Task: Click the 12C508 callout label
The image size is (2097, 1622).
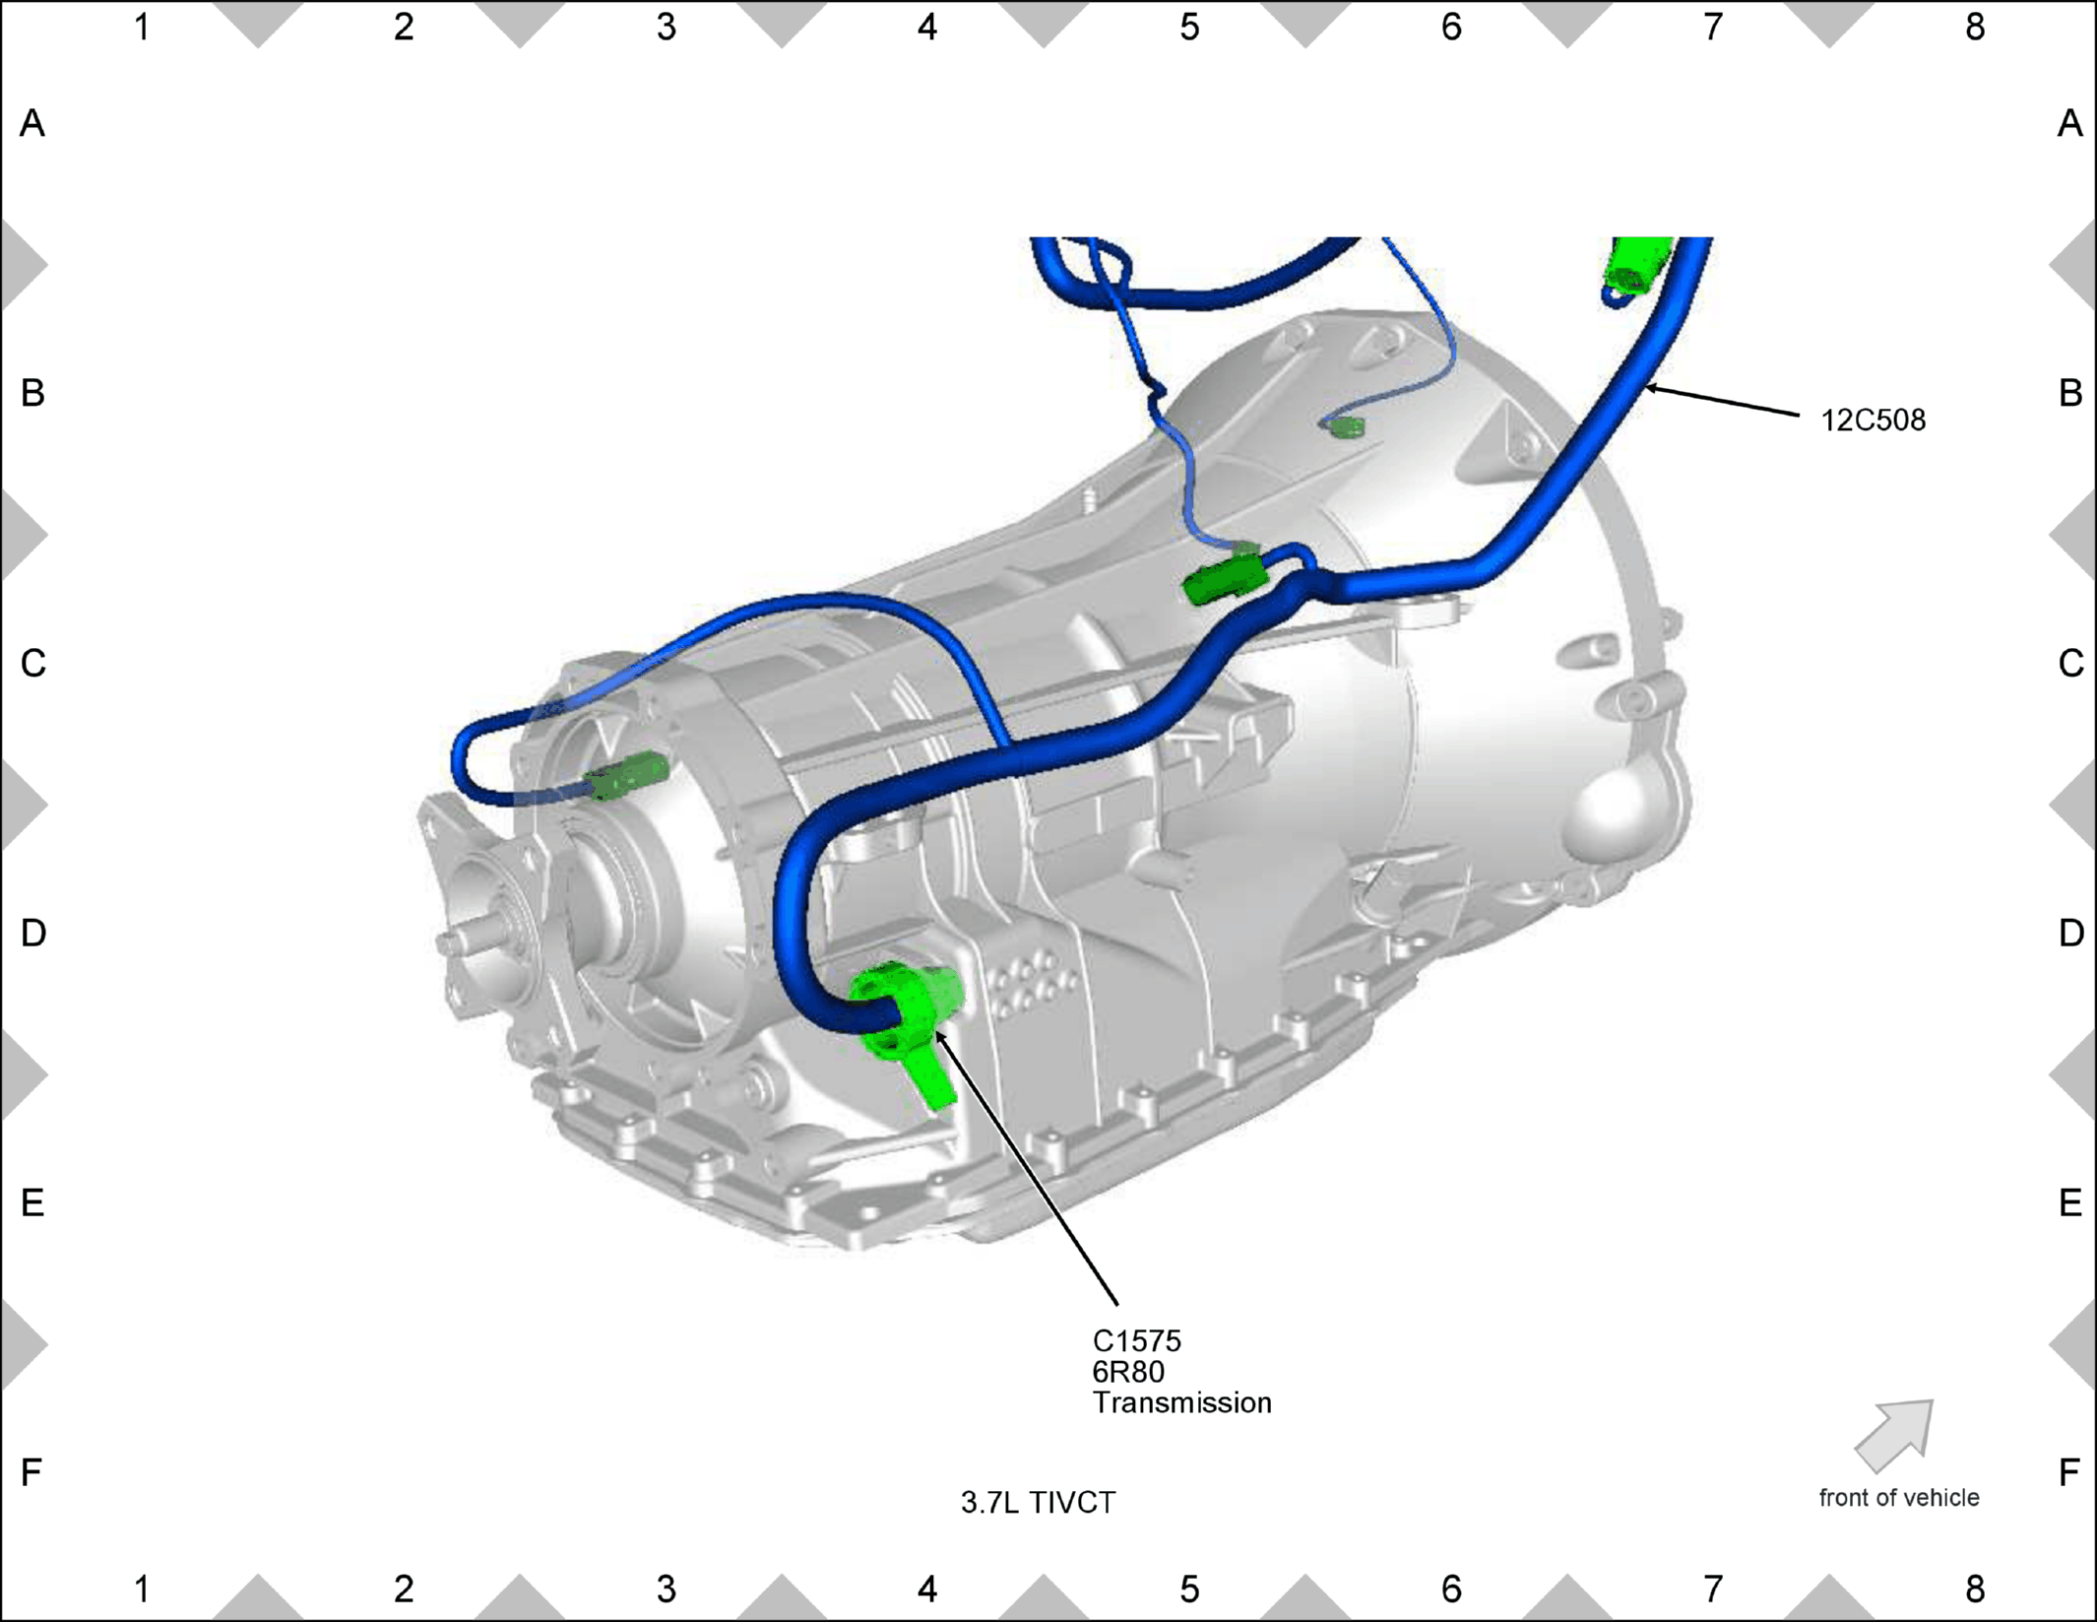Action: click(x=1873, y=421)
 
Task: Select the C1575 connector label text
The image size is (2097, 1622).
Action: click(x=1137, y=1340)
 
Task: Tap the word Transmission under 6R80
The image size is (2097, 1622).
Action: click(x=1181, y=1402)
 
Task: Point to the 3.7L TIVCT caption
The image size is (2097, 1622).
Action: click(x=1039, y=1503)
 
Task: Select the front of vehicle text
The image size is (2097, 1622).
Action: click(x=1898, y=1498)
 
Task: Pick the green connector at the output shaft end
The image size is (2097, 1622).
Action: click(x=626, y=775)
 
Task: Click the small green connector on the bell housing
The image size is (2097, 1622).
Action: click(x=1346, y=426)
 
